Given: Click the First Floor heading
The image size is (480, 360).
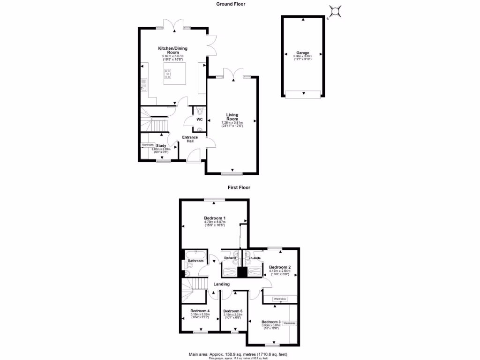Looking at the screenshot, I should click(x=239, y=187).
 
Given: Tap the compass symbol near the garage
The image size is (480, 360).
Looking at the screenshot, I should click(x=336, y=11).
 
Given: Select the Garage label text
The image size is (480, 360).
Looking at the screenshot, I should click(x=302, y=53).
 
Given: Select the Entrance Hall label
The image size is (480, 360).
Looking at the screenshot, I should click(x=190, y=139).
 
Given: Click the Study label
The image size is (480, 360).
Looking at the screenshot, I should click(x=161, y=146).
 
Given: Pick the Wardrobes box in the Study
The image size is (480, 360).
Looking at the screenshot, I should click(x=148, y=145).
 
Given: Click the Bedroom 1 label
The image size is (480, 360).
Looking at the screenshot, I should click(x=215, y=218).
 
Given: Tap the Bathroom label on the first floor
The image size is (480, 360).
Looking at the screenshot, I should click(x=195, y=261).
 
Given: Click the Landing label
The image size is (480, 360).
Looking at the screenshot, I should click(x=222, y=284).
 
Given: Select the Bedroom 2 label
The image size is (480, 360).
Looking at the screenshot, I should click(x=280, y=268).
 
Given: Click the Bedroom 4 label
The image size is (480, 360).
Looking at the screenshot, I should click(x=200, y=311).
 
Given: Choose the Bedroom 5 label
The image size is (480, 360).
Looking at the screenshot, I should click(x=232, y=311).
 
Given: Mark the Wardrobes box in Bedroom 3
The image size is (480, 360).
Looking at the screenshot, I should click(x=290, y=323).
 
